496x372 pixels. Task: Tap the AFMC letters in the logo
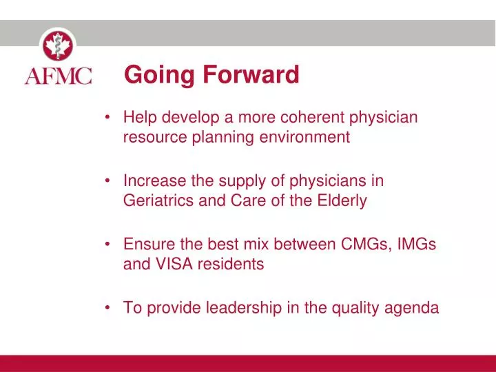pos(58,75)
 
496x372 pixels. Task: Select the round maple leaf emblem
pos(58,45)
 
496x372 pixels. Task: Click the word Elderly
pos(342,201)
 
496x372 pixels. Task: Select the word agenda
pos(413,309)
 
